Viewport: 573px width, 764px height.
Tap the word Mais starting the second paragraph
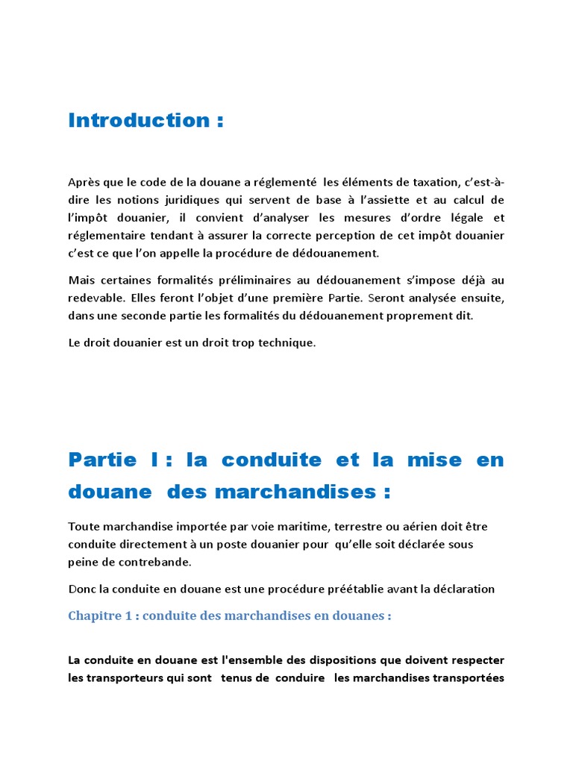(82, 281)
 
